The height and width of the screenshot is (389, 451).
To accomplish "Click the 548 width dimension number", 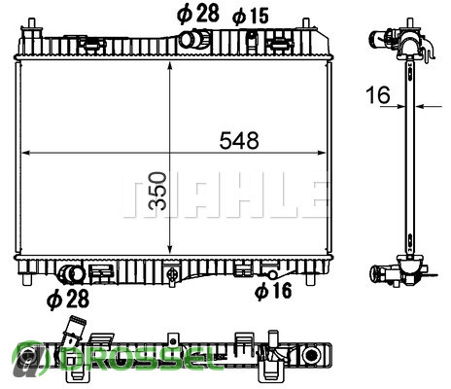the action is click(239, 141).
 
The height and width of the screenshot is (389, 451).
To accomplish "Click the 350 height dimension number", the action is click(157, 191).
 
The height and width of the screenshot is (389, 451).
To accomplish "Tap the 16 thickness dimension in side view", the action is click(378, 94).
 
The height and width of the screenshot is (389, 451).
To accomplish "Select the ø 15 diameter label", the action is click(251, 17).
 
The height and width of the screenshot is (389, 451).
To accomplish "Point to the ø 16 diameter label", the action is click(273, 290).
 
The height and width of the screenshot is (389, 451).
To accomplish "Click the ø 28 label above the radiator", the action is click(198, 14).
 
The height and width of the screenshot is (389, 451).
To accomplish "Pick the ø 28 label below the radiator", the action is click(68, 299).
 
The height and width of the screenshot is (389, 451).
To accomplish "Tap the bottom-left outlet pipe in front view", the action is click(71, 274).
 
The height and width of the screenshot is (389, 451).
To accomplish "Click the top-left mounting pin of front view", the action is click(31, 24).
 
